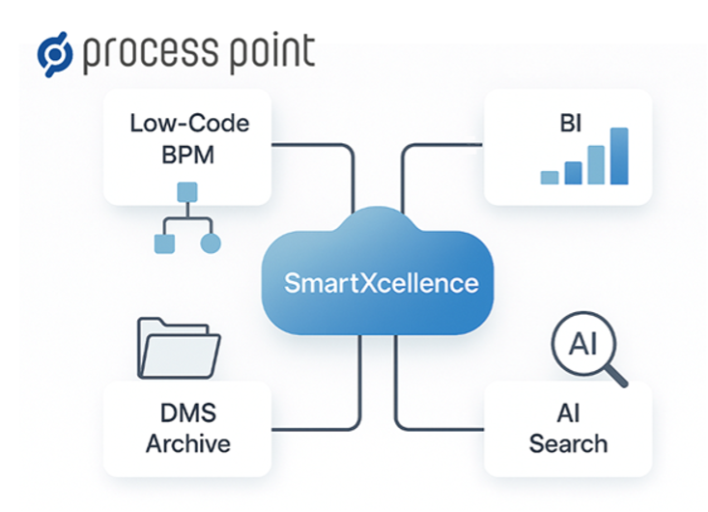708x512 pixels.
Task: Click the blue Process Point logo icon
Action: tap(55, 54)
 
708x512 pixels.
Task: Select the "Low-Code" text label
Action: tap(189, 124)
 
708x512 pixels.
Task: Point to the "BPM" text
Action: tap(187, 155)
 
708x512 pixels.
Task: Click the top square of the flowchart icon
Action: tap(187, 192)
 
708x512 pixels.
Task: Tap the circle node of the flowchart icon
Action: tap(211, 243)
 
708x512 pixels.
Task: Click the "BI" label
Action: tap(570, 124)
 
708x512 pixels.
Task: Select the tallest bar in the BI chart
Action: tap(619, 156)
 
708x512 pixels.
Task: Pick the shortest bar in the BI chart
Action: tap(550, 178)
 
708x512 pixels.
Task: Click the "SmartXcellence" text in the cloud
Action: tap(382, 283)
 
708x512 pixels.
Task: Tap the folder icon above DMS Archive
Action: tap(179, 348)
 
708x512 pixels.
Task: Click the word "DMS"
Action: tap(188, 412)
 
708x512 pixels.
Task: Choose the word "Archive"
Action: tap(188, 443)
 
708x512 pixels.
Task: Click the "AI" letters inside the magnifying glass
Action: tap(583, 344)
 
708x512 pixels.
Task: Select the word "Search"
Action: tap(568, 443)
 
